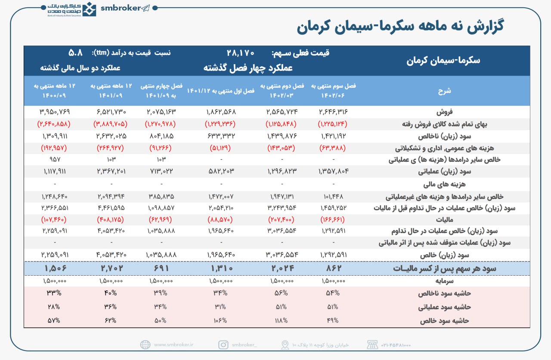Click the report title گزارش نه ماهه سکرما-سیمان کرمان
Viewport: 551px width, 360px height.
[x=400, y=26]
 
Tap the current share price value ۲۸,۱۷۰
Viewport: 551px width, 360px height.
[x=241, y=53]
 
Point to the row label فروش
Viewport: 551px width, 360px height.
[x=503, y=112]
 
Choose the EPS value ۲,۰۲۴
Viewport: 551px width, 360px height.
[x=282, y=268]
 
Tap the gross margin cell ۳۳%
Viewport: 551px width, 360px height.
[x=53, y=294]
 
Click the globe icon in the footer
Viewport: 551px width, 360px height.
[x=145, y=345]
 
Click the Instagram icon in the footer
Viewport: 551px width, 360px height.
[x=223, y=345]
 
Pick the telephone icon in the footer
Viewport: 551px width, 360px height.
[x=372, y=345]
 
